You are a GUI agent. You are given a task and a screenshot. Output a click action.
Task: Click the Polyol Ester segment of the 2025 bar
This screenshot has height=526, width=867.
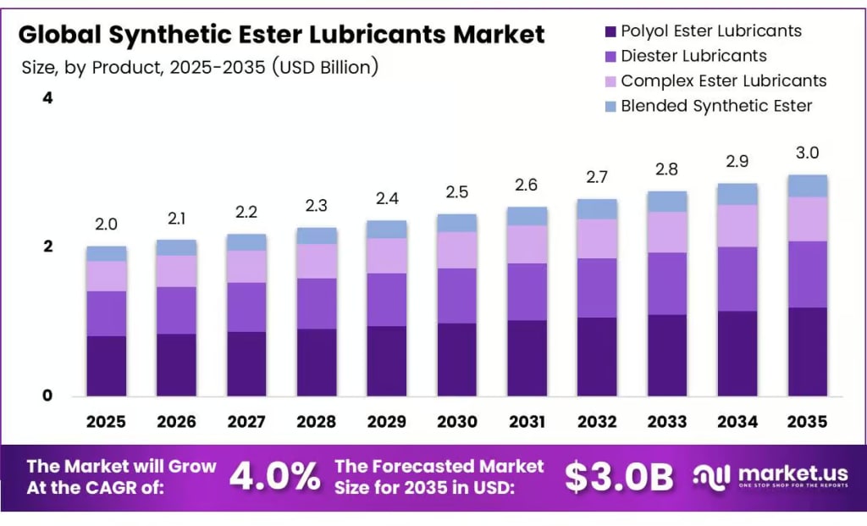pos(106,366)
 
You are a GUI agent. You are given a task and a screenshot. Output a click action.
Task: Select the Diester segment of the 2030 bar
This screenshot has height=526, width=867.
pos(457,296)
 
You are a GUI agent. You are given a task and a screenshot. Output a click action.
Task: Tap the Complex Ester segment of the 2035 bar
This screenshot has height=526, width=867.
pos(808,219)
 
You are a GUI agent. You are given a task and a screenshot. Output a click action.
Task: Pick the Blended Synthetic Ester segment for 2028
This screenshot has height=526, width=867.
pos(317,235)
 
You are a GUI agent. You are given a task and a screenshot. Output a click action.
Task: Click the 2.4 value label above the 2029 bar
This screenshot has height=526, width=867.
pos(387,198)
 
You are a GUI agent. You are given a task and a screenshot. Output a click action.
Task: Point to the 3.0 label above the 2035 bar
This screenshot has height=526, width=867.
pos(808,153)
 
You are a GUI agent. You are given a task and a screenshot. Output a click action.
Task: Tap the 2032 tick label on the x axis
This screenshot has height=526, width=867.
pos(597,421)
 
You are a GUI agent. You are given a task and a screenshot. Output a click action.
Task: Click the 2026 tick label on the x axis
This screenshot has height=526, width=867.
pos(176,421)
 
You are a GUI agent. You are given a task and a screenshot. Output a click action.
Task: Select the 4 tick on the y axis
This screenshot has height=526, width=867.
pos(47,98)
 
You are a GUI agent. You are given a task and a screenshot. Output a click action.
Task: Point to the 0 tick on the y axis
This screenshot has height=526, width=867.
pos(47,396)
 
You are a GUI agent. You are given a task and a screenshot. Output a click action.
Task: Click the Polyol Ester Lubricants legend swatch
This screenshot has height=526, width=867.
pos(610,32)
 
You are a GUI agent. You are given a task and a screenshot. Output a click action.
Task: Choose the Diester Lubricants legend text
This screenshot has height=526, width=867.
pos(693,56)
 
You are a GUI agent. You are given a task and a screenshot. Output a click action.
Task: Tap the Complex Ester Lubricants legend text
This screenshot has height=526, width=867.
pos(723,81)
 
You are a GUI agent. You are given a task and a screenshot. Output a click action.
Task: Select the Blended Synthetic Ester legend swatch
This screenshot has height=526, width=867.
pos(610,107)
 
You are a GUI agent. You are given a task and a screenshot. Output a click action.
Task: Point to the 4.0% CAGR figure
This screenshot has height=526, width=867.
pos(275,477)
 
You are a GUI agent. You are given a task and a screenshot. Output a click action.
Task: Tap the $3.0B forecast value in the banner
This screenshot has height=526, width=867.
pos(619,477)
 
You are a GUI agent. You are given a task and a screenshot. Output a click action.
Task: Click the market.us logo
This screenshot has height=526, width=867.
pos(770,477)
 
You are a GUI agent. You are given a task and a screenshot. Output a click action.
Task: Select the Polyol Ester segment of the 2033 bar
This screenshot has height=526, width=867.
pos(667,355)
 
